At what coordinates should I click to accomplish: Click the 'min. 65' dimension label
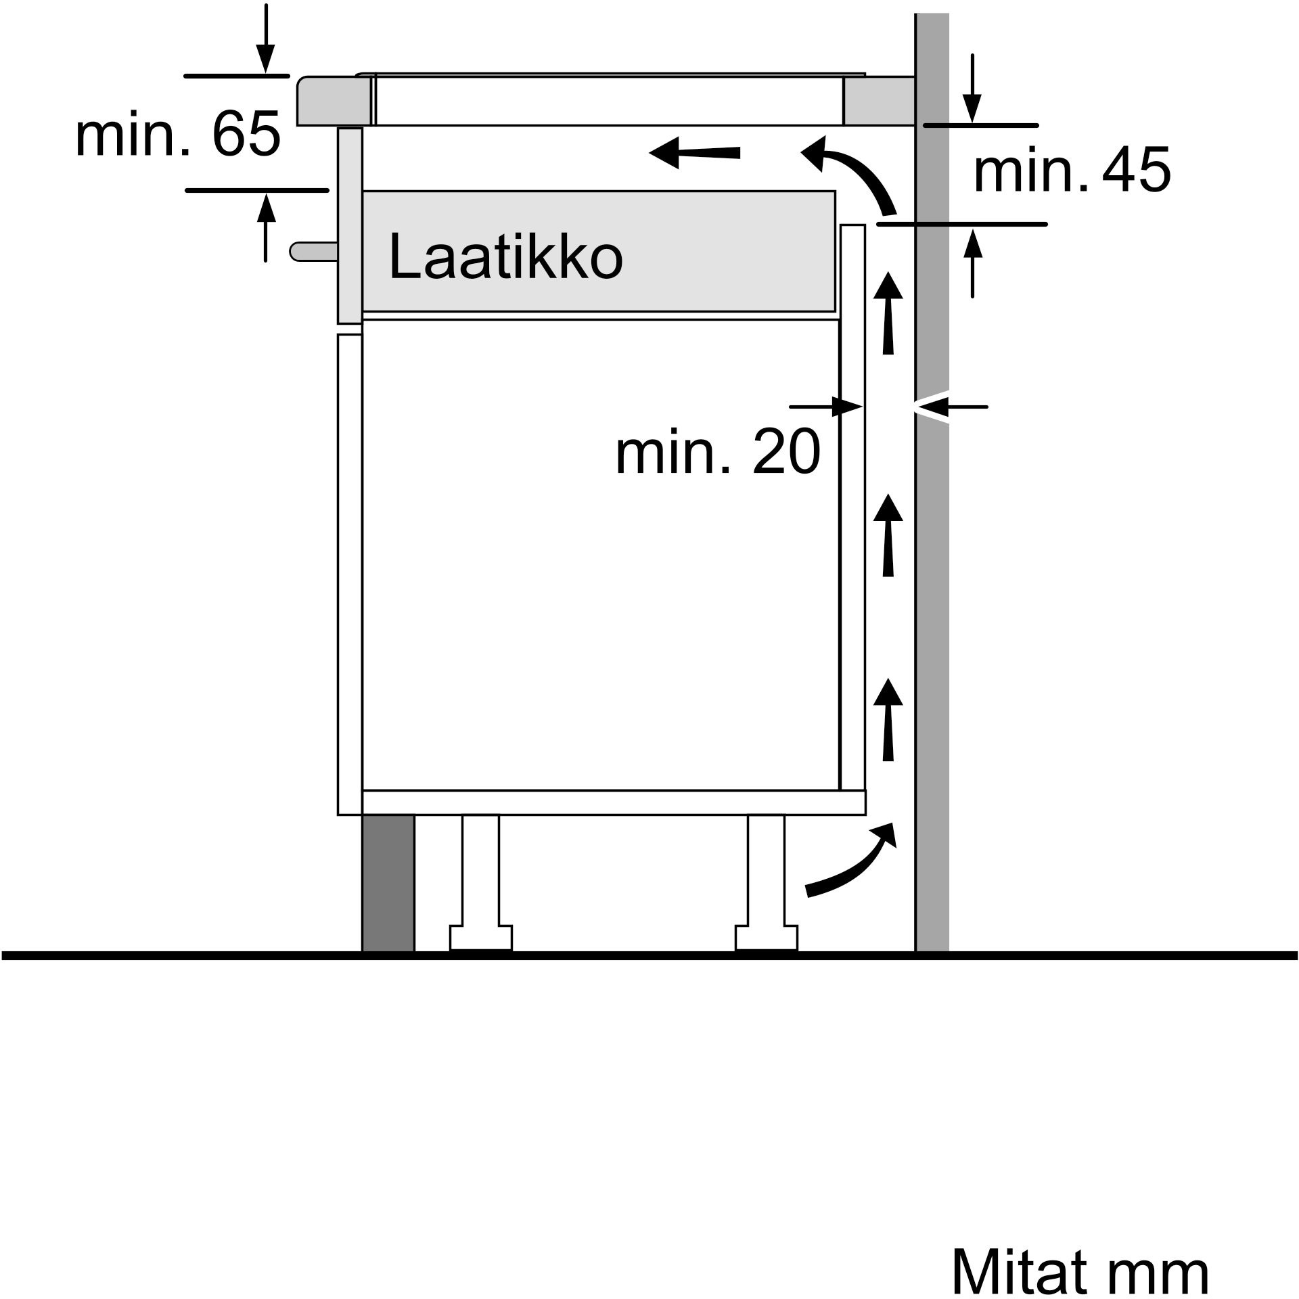tap(177, 134)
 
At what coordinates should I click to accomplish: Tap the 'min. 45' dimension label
tap(1071, 171)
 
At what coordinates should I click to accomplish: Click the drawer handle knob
tap(313, 251)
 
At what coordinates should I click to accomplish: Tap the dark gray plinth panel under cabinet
tap(388, 883)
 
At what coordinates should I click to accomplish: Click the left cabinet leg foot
tap(481, 937)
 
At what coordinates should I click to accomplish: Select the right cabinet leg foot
tap(767, 937)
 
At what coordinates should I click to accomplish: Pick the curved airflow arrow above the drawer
tap(852, 173)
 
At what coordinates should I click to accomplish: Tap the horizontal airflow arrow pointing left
tap(693, 153)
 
